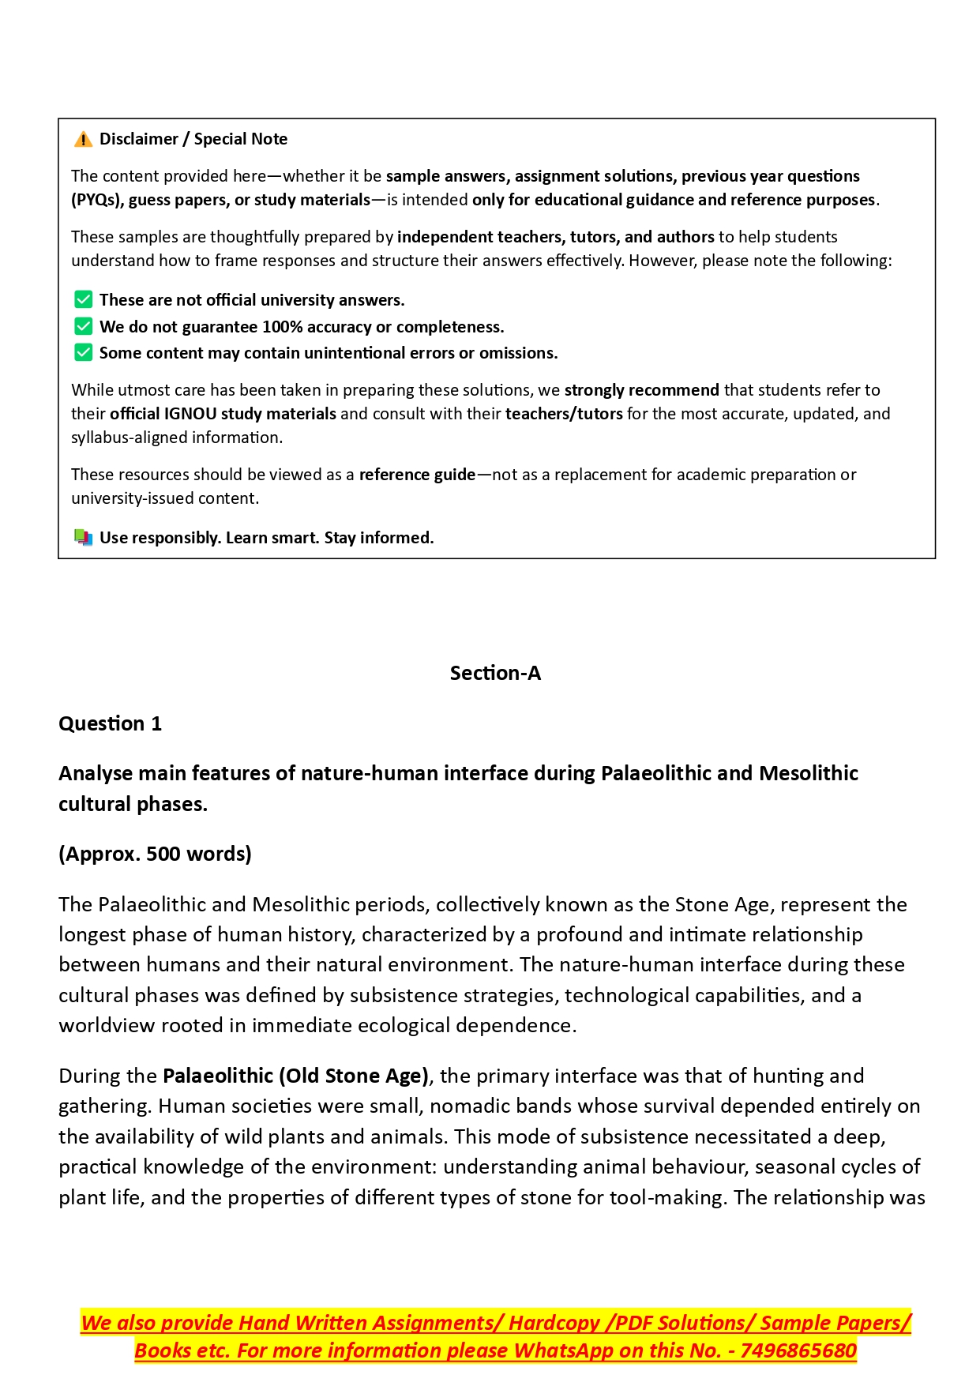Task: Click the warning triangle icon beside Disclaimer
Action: (x=83, y=140)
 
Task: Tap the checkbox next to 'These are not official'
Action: (x=83, y=300)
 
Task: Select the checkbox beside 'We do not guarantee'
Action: (x=83, y=326)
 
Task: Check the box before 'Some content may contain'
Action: (x=83, y=352)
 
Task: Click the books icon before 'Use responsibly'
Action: (x=83, y=538)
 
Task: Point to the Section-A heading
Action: (x=495, y=673)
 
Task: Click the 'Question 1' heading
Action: (x=110, y=723)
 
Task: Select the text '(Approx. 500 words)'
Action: (x=155, y=854)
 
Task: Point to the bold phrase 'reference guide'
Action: (x=417, y=475)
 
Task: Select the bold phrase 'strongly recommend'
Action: (x=641, y=390)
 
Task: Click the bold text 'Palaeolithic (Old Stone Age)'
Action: (x=295, y=1076)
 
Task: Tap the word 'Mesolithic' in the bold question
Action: (x=809, y=773)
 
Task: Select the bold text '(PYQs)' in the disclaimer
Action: (x=97, y=200)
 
